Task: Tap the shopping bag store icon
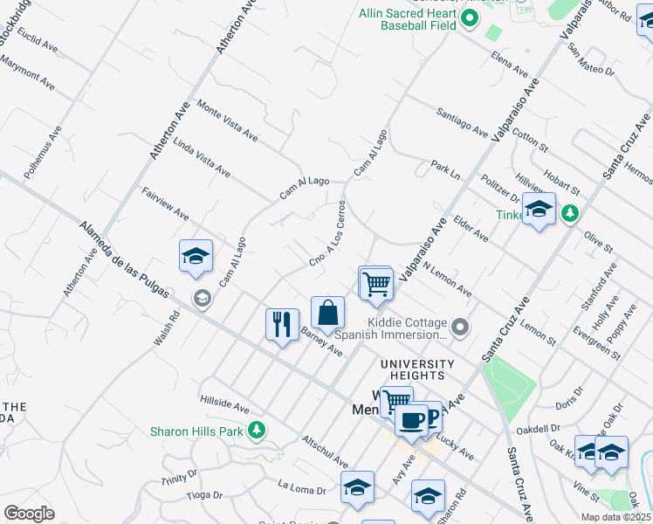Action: click(x=327, y=312)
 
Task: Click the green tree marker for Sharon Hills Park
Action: click(x=257, y=430)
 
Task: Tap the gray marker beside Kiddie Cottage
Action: click(x=463, y=327)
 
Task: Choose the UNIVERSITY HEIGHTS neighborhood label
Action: click(x=416, y=369)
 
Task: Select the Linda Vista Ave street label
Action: click(x=202, y=157)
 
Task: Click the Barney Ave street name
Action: click(x=321, y=341)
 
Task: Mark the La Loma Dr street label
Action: click(x=301, y=487)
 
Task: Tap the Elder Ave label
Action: click(x=470, y=229)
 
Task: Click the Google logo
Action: click(x=28, y=514)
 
